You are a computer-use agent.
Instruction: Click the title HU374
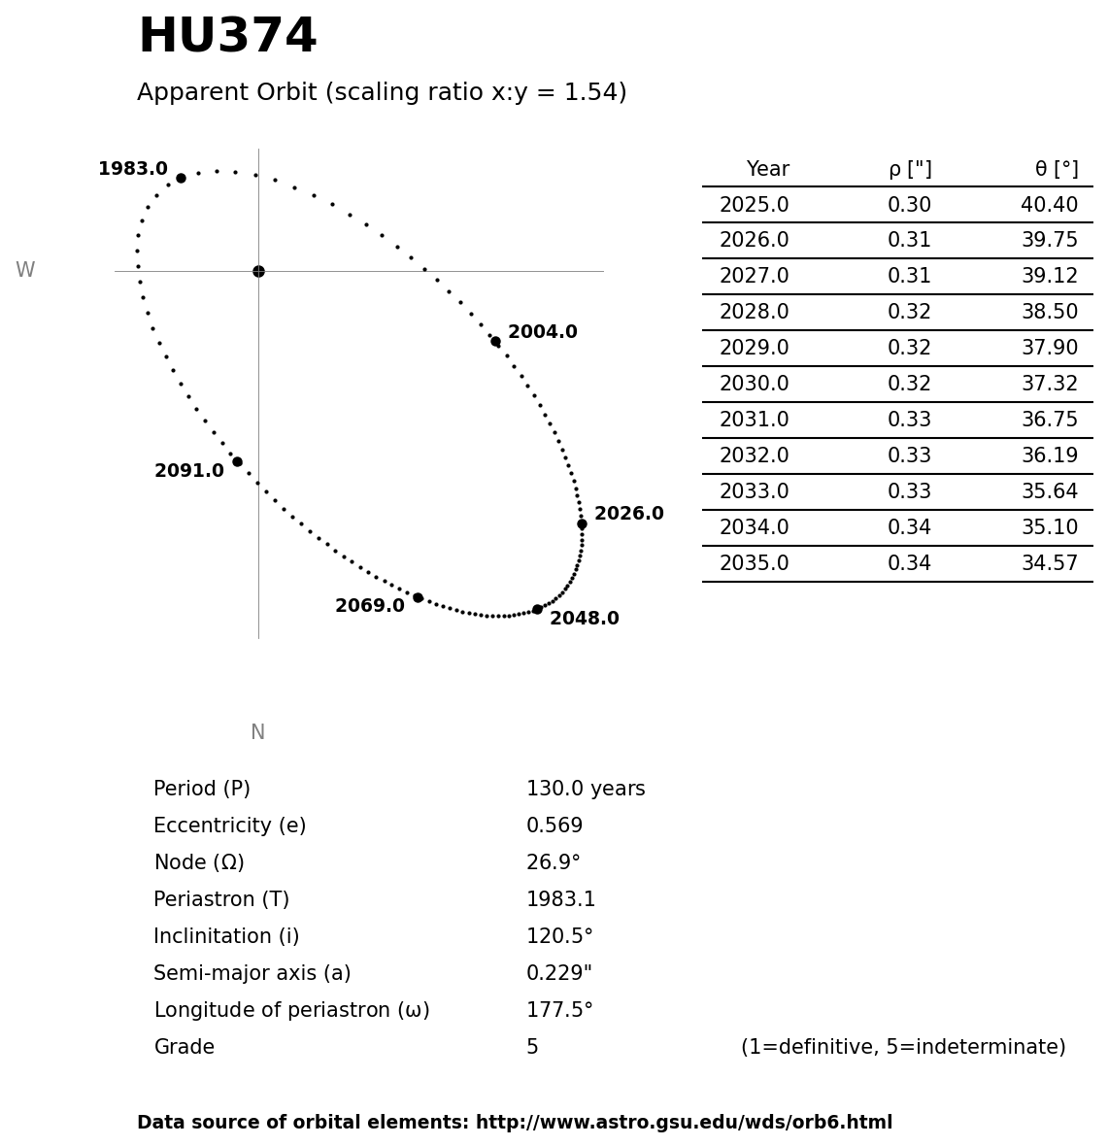(227, 38)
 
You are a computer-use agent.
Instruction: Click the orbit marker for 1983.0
(181, 178)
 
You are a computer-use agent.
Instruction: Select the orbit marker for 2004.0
(495, 341)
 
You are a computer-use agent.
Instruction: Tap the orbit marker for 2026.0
(582, 523)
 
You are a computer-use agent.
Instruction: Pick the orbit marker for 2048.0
(537, 609)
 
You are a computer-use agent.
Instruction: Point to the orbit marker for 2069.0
(418, 597)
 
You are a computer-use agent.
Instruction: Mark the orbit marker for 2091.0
(237, 461)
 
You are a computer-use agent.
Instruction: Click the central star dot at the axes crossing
(258, 271)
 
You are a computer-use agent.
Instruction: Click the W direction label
(25, 271)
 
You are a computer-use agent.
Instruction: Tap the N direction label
(257, 733)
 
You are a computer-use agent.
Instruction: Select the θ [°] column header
(1057, 170)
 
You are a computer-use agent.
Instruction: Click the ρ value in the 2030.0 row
(909, 385)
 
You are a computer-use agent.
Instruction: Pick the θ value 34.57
(1049, 564)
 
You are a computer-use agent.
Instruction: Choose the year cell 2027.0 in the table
(754, 277)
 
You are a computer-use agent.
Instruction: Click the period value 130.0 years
(586, 790)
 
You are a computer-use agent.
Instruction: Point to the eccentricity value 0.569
(554, 826)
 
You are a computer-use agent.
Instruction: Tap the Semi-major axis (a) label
(252, 974)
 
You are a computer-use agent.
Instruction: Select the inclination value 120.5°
(559, 937)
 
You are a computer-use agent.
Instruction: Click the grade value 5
(532, 1048)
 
